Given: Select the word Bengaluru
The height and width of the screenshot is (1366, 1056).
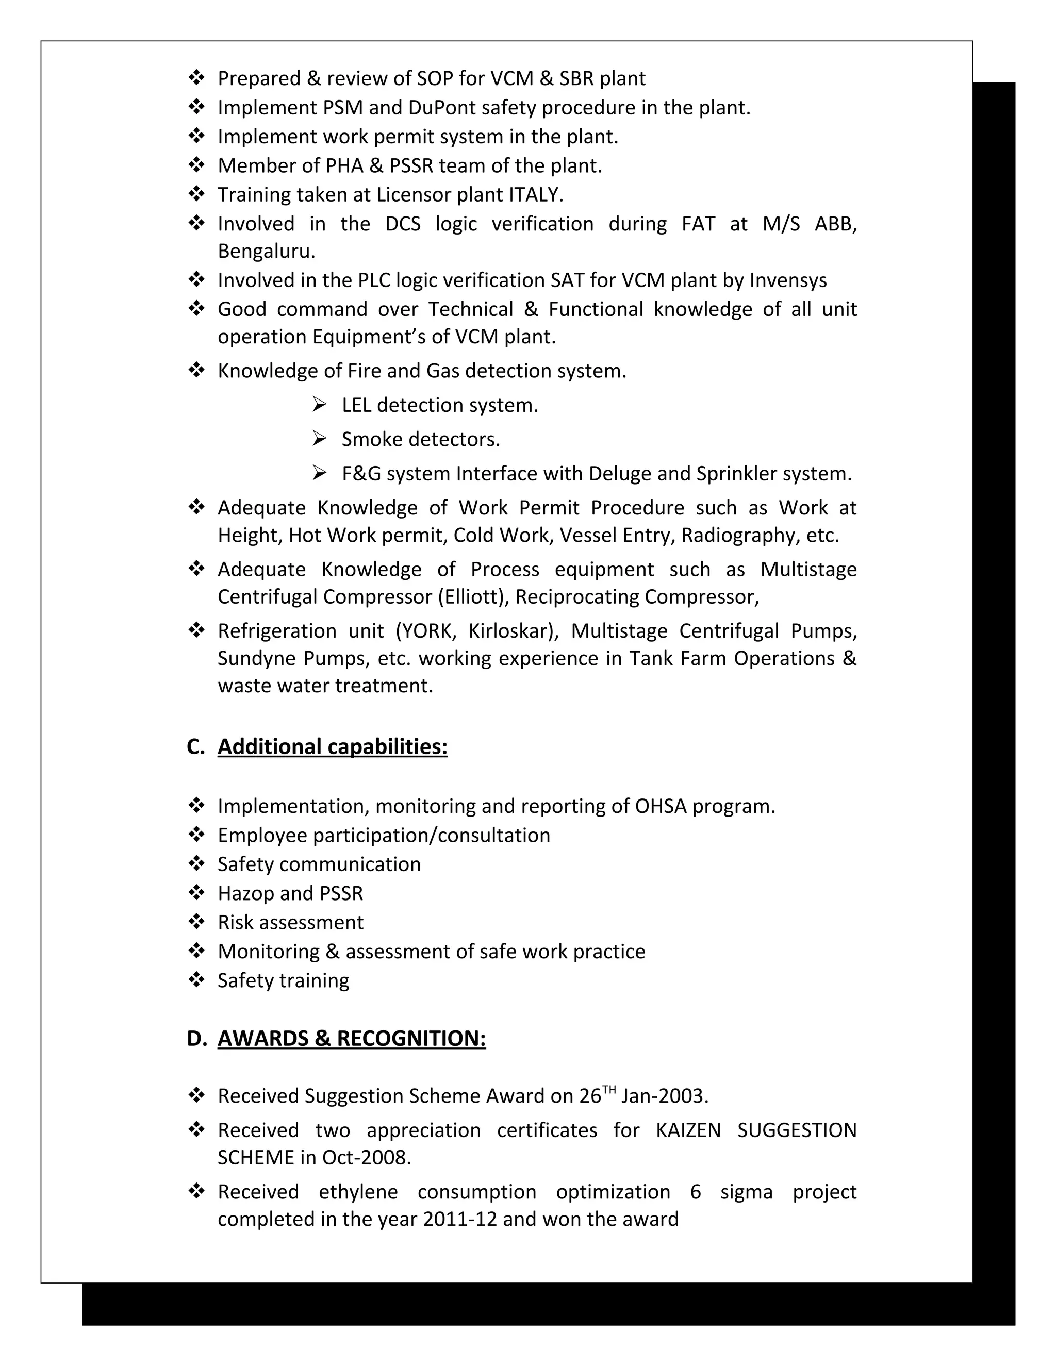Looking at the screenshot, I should point(266,252).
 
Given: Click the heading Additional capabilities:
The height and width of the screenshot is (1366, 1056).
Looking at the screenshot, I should point(332,746).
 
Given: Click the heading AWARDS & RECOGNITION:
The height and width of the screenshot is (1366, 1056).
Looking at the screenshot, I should point(351,1038).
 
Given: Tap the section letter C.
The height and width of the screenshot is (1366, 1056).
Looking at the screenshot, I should point(194,746).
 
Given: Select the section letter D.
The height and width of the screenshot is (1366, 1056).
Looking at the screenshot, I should point(196,1038).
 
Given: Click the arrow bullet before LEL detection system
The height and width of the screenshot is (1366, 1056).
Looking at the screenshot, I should point(319,405).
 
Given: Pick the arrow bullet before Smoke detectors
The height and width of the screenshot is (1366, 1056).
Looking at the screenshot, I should point(319,439).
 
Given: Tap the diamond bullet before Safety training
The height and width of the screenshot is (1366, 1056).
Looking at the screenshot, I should point(196,979).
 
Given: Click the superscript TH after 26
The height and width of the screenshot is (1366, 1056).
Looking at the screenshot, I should point(609,1090).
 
